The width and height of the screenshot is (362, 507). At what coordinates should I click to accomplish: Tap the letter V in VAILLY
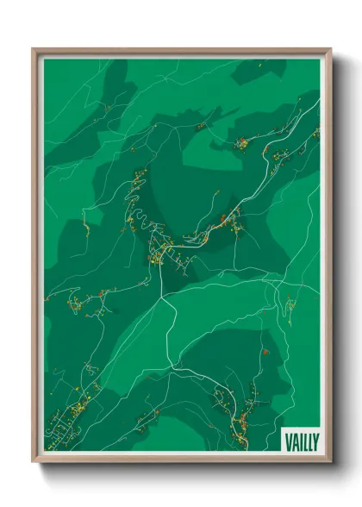coord(288,441)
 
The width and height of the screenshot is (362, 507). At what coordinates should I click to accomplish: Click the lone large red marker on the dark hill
coord(267,351)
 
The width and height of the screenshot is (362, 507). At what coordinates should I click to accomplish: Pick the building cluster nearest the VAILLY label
coord(243,418)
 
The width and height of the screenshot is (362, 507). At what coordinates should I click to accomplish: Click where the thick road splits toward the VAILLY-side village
coord(177,369)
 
